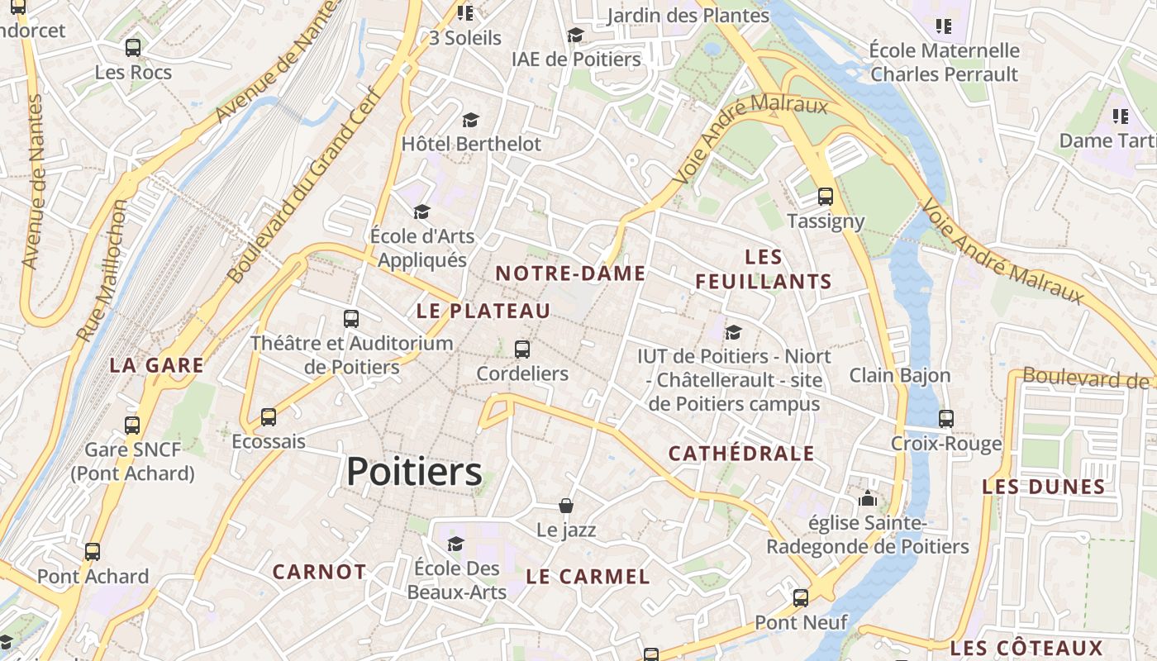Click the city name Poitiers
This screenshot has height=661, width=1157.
coord(414,472)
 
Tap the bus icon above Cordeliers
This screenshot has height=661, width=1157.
coord(521,350)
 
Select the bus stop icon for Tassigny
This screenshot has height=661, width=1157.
coord(825,197)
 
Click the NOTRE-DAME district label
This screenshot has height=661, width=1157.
coord(570,273)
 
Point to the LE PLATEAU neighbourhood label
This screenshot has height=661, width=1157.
coord(483,311)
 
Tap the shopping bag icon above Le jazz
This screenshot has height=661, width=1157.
coord(566,506)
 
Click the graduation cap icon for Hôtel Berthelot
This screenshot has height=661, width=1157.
coord(470,121)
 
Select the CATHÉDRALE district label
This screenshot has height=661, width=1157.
coord(741,453)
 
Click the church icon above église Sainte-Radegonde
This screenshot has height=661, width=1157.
coord(867,498)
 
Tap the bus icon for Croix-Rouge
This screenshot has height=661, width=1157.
coord(946,419)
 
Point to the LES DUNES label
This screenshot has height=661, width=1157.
coord(1043,487)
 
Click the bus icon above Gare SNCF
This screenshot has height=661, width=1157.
coord(132,426)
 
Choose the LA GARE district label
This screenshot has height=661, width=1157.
coord(156,365)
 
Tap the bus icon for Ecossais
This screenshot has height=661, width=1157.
coord(268,417)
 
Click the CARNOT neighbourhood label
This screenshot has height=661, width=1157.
coord(319,572)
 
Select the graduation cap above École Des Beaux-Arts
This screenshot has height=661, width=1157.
coord(455,544)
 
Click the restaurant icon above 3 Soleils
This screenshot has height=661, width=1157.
coord(465,13)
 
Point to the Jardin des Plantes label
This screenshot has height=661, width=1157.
coord(688,15)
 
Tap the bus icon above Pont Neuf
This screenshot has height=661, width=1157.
coord(800,598)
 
